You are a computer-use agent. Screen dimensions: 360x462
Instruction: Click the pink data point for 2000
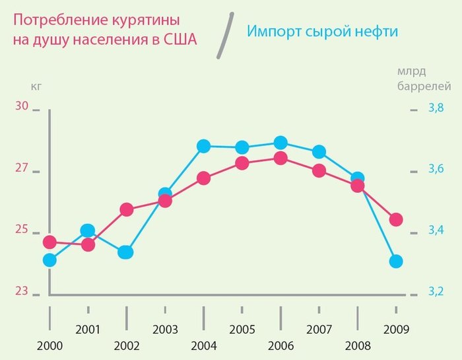(49, 242)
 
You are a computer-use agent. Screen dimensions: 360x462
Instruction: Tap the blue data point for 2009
(396, 262)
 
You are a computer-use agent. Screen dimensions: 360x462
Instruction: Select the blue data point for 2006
(280, 142)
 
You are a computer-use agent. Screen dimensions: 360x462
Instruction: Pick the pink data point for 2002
(127, 210)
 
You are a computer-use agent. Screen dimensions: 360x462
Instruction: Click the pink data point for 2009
(396, 219)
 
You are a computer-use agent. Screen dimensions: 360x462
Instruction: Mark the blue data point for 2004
(203, 146)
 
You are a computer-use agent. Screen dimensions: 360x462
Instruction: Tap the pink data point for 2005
(242, 163)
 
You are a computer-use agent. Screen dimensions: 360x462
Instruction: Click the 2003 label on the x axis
(165, 329)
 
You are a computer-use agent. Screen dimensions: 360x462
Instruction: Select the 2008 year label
(358, 346)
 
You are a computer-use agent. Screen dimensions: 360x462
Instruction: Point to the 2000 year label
(49, 346)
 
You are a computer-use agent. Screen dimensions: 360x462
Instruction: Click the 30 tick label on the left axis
(22, 107)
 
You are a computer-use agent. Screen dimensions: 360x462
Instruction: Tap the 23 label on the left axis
(22, 291)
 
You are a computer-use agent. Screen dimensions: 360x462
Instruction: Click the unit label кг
(36, 85)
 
